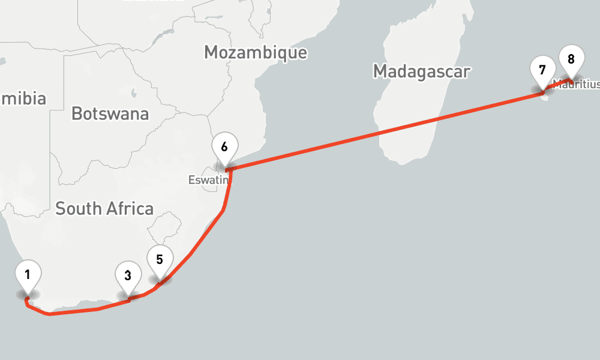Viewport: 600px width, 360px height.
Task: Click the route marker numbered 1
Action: (x=28, y=276)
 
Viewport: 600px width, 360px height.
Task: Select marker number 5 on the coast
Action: (x=160, y=260)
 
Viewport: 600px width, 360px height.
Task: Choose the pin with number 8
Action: (x=571, y=59)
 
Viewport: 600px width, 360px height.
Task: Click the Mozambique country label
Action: (x=255, y=52)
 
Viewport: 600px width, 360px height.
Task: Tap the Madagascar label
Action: (x=421, y=71)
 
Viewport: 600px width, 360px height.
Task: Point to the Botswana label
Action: (x=110, y=113)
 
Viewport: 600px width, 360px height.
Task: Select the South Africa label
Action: (x=104, y=209)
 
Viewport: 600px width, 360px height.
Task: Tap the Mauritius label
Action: (x=577, y=85)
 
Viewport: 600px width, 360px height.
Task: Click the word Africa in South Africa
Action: (x=128, y=209)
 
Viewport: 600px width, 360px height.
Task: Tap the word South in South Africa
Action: (x=77, y=209)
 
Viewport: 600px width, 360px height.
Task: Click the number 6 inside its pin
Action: (x=224, y=146)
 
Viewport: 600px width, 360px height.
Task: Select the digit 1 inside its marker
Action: (x=28, y=275)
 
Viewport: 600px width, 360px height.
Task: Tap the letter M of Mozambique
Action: (x=211, y=52)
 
